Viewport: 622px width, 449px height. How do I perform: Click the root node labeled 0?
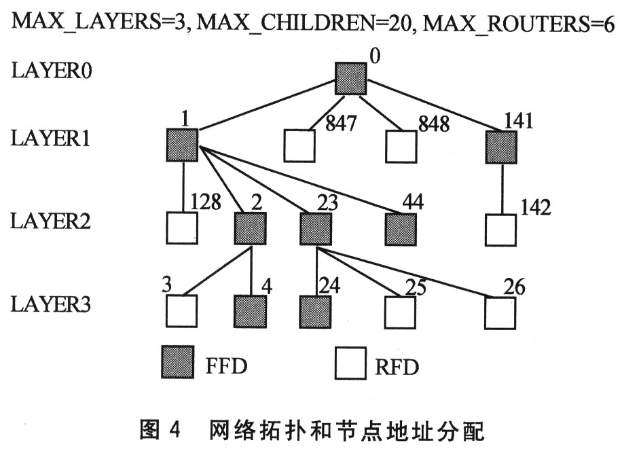350,78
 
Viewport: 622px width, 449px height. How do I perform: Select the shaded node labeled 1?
181,145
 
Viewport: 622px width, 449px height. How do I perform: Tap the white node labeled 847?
299,145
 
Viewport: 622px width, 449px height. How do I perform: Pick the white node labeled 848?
401,145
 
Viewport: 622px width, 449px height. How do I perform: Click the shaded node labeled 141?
502,145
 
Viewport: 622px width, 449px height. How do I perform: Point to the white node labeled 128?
181,229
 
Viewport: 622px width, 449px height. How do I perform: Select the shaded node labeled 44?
401,229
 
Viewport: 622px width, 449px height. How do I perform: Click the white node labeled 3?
181,312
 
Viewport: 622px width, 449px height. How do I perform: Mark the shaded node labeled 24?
316,312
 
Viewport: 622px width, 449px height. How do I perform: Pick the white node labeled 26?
502,312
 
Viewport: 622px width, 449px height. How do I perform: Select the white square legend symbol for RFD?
351,365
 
